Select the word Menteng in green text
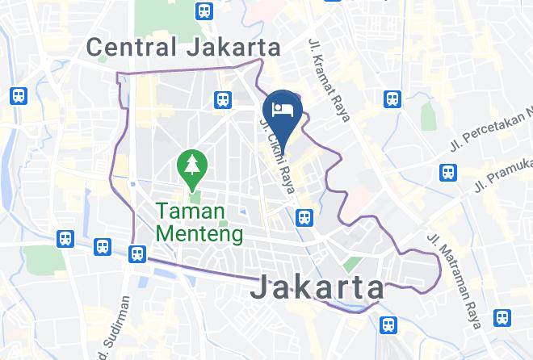pyautogui.click(x=199, y=235)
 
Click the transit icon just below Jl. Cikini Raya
pyautogui.click(x=304, y=216)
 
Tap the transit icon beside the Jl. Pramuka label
pyautogui.click(x=447, y=173)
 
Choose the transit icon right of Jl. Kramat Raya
pyautogui.click(x=392, y=98)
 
